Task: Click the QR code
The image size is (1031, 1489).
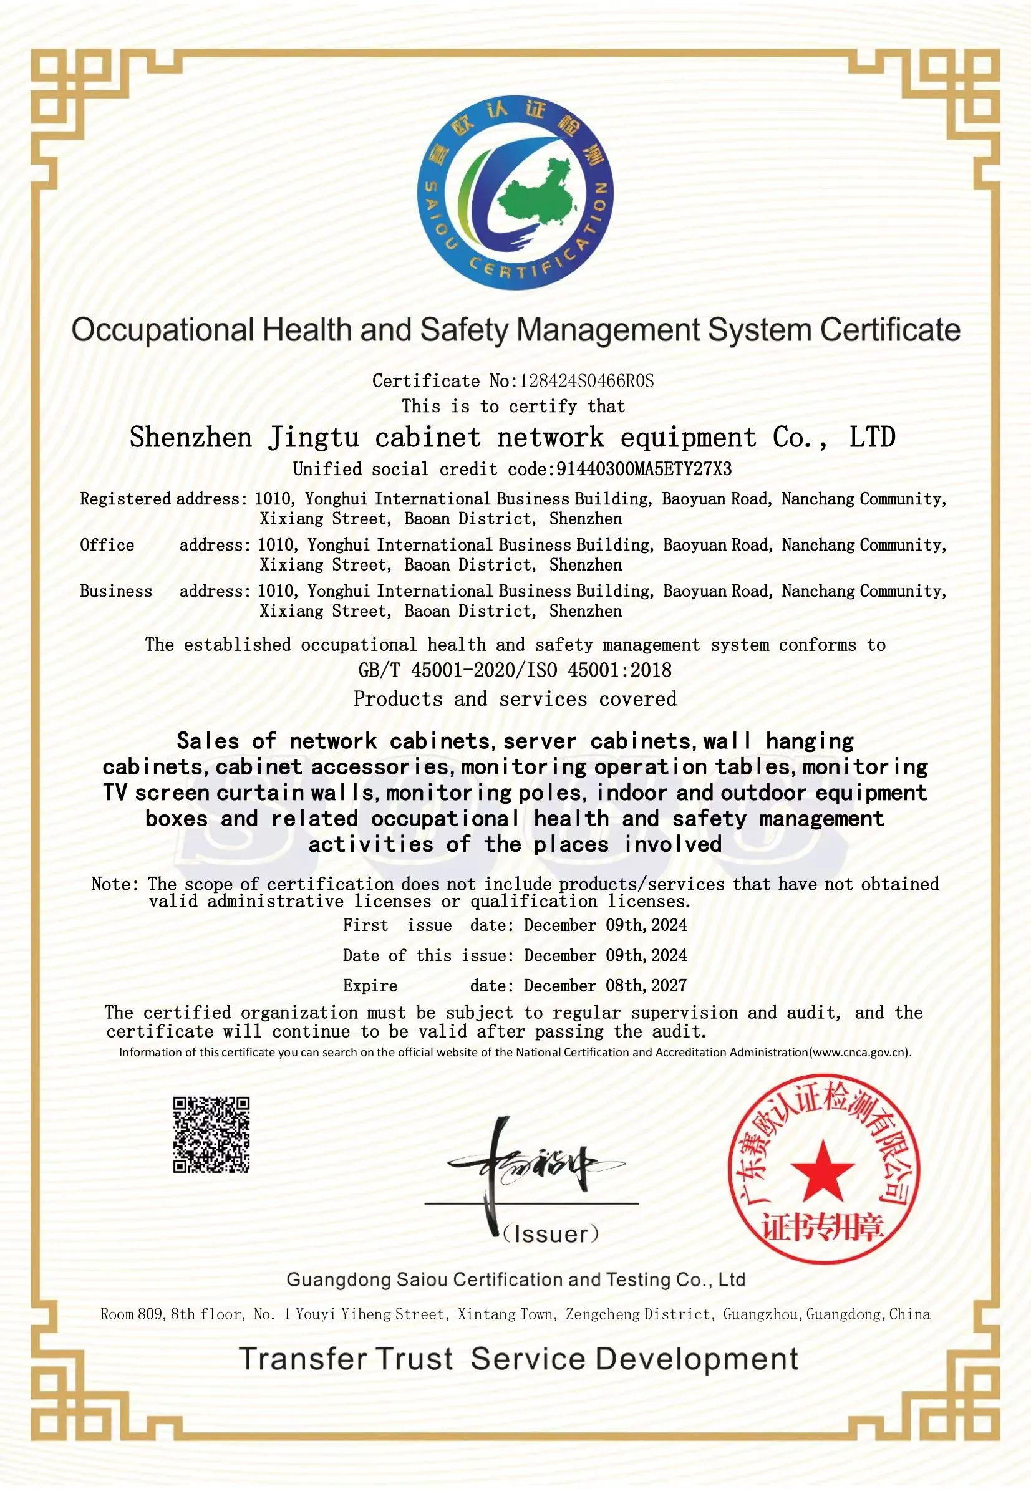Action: click(211, 1134)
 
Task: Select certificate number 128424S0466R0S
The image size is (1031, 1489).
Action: click(586, 381)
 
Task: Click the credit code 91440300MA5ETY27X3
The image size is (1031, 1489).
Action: click(644, 470)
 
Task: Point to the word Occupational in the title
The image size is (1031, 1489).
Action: click(163, 330)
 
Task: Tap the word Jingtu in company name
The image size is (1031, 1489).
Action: click(314, 438)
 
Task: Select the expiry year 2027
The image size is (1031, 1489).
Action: click(669, 985)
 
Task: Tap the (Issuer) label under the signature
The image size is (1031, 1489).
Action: click(551, 1234)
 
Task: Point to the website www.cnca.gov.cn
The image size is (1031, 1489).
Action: click(860, 1052)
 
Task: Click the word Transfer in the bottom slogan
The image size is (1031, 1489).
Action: click(301, 1359)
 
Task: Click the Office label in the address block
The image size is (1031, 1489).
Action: click(107, 545)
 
